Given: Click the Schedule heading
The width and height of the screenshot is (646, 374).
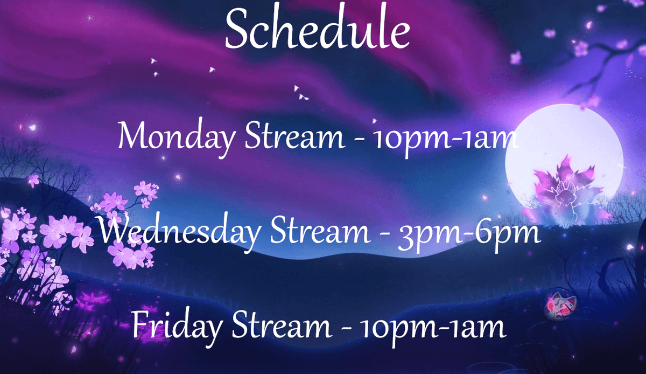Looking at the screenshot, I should [x=317, y=30].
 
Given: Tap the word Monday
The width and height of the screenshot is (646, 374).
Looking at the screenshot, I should [x=176, y=138].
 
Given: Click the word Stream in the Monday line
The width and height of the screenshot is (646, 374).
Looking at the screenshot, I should [x=294, y=137].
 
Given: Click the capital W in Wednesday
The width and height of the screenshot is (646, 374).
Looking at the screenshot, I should [x=116, y=232].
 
